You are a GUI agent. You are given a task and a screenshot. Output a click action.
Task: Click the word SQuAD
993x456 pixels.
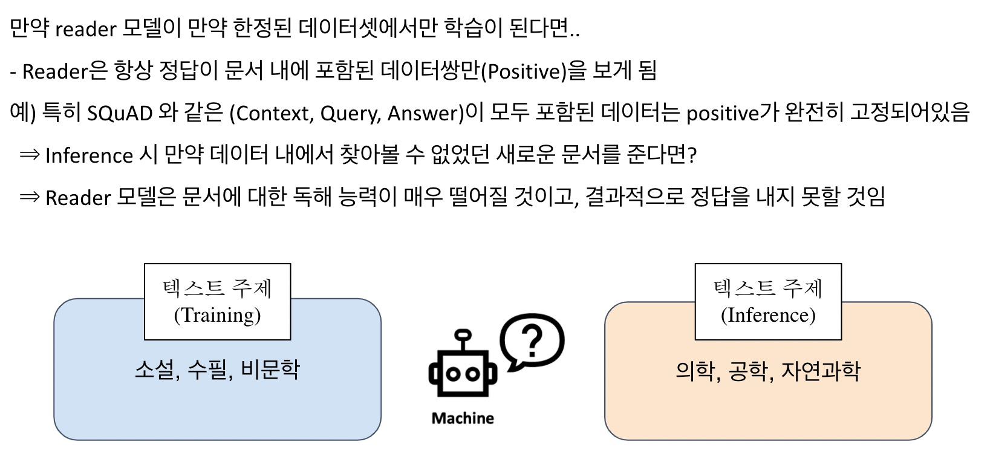pyautogui.click(x=120, y=113)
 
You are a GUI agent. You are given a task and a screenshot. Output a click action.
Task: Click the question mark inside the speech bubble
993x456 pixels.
pyautogui.click(x=532, y=340)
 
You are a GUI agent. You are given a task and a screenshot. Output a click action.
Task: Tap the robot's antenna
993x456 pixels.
pyautogui.click(x=463, y=341)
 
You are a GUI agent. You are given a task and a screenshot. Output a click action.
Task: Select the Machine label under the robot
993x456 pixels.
pyautogui.click(x=463, y=418)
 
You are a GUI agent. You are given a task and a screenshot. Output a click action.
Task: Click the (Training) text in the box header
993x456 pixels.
pyautogui.click(x=217, y=315)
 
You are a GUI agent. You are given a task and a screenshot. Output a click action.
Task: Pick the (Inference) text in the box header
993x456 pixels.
pyautogui.click(x=768, y=315)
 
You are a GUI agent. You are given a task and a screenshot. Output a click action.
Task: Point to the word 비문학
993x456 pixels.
pyautogui.click(x=270, y=370)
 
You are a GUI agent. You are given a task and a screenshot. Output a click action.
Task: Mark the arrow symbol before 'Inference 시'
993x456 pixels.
pyautogui.click(x=30, y=155)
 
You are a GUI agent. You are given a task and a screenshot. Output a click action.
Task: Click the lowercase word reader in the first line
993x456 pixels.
pyautogui.click(x=85, y=29)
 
